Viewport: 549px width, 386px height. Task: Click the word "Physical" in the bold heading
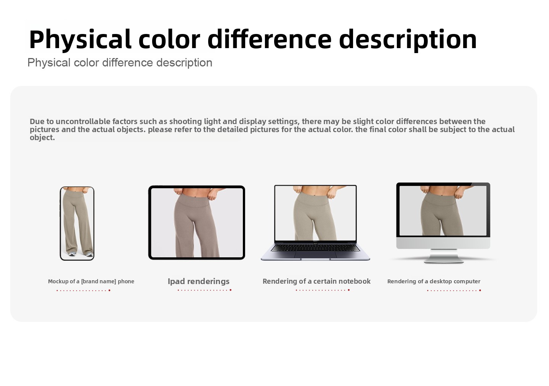click(80, 40)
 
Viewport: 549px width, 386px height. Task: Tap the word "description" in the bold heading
click(408, 40)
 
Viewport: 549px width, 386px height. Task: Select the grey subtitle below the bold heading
click(120, 63)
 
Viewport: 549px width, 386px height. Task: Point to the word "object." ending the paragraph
click(42, 137)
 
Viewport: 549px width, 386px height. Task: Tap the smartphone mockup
click(77, 223)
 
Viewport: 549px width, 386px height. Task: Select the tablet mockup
click(197, 222)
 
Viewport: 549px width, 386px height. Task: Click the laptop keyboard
click(315, 248)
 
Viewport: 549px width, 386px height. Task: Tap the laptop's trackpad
click(315, 255)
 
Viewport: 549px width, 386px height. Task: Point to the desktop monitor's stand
click(444, 256)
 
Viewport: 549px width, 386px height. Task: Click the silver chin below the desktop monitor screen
click(443, 243)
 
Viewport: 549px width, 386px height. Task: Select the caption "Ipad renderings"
click(199, 281)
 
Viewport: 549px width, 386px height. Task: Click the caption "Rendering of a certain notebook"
click(317, 281)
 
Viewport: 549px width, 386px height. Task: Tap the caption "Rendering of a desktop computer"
click(434, 281)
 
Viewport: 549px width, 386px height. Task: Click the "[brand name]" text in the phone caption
click(98, 281)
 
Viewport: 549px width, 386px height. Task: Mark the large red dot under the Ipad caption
click(231, 290)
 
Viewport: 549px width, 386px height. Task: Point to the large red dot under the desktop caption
click(480, 291)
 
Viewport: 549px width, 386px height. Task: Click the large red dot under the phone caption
click(109, 291)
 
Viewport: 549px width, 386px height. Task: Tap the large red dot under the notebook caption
click(349, 290)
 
